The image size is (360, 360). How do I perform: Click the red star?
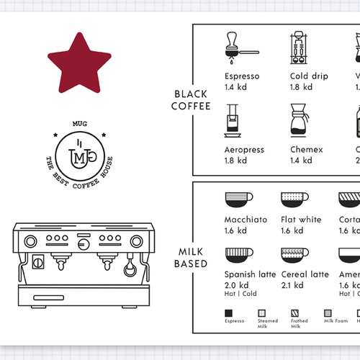click(x=78, y=64)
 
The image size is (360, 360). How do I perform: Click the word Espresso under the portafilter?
click(x=242, y=76)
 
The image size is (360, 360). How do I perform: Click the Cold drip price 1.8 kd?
click(x=301, y=87)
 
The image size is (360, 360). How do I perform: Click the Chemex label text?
click(x=307, y=150)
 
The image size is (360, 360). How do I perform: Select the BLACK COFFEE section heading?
click(x=192, y=100)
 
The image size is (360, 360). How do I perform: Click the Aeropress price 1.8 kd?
click(x=235, y=161)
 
